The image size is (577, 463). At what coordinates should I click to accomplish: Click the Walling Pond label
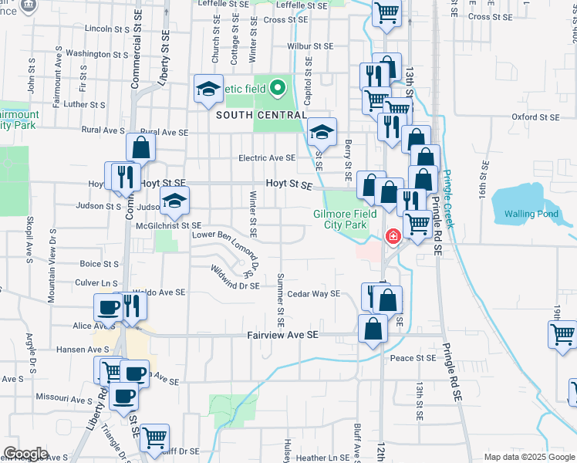tap(530, 214)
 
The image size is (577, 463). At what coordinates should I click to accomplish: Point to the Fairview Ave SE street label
tap(282, 336)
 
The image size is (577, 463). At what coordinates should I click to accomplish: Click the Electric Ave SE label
tap(267, 158)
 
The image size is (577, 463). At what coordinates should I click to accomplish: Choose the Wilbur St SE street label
tap(310, 46)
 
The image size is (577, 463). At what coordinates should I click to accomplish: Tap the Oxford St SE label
tap(535, 117)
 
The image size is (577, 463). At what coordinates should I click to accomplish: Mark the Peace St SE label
tap(413, 358)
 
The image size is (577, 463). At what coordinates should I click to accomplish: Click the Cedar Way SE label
tap(313, 294)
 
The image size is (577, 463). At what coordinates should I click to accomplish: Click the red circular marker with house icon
tap(393, 236)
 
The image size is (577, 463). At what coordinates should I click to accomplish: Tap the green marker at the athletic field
tap(278, 87)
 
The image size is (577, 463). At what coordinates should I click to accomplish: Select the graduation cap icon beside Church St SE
tap(208, 90)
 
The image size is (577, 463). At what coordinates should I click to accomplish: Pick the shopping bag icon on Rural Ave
tap(142, 147)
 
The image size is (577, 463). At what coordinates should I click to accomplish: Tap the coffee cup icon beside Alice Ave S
tap(108, 308)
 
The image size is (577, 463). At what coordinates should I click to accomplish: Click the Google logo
tap(25, 454)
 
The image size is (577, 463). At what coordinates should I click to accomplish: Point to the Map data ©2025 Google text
tap(528, 457)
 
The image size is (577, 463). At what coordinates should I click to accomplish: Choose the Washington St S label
tap(96, 54)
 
